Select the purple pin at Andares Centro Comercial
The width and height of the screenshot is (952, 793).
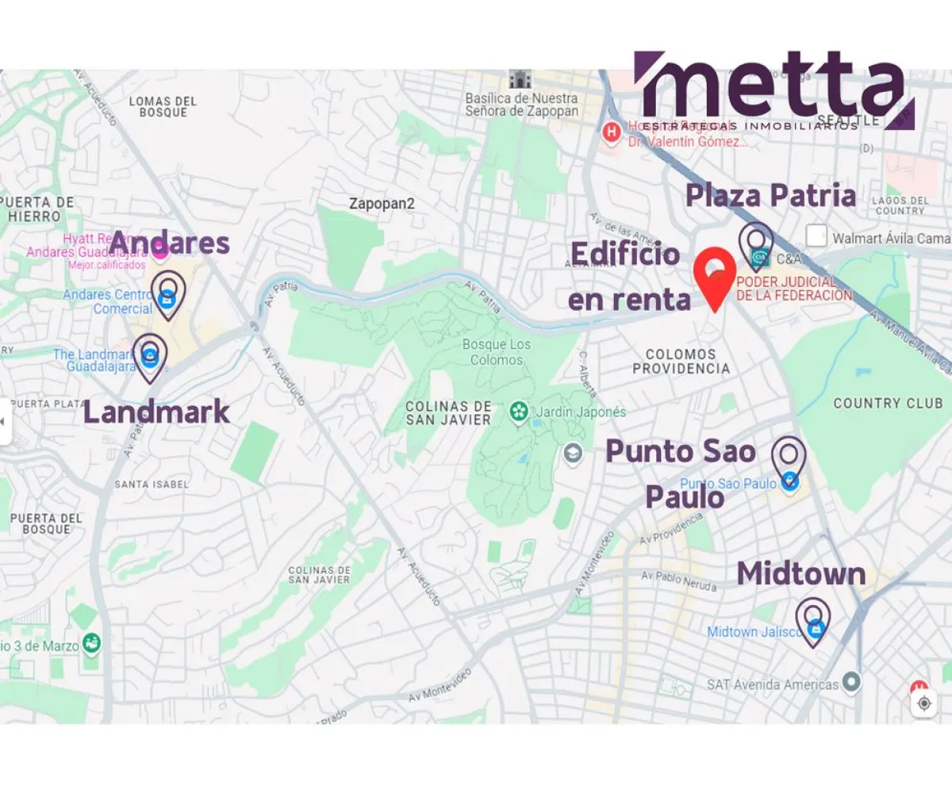167,294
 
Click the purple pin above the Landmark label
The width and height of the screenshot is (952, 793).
150,357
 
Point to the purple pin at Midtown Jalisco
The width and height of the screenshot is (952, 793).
813,621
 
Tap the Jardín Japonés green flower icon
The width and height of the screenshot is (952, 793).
519,412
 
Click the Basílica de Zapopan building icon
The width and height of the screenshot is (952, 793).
520,79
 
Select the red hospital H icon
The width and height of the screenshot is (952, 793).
611,132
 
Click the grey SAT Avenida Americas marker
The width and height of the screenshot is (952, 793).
851,682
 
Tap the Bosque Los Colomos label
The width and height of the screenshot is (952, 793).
496,352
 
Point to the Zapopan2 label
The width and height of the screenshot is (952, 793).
382,204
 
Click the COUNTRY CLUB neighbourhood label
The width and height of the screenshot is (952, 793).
888,404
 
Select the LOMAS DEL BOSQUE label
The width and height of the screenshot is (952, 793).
163,106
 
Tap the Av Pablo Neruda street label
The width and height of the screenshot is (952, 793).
678,581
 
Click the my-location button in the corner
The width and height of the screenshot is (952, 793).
923,703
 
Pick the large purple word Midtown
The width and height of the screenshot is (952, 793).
801,573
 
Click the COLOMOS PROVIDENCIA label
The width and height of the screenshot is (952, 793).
681,362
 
